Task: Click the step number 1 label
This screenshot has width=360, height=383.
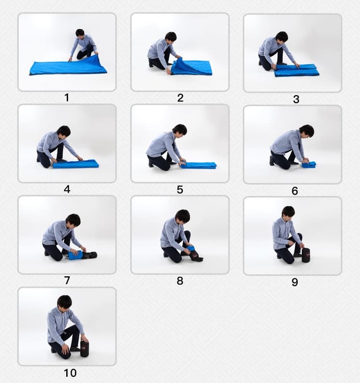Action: tap(67, 98)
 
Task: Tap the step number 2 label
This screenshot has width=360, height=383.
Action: tap(180, 98)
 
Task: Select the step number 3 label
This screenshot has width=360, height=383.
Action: tap(296, 99)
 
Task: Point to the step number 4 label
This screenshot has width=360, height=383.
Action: tap(67, 189)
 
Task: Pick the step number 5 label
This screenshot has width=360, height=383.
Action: tap(180, 189)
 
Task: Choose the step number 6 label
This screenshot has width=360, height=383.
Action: tap(295, 191)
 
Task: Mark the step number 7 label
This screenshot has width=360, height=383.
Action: tap(67, 281)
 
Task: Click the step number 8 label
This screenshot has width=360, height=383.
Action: tap(180, 281)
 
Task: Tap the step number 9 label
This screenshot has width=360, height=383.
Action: tap(295, 282)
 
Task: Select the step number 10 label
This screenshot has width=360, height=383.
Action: tap(70, 373)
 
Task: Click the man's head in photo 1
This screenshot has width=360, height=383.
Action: tap(80, 33)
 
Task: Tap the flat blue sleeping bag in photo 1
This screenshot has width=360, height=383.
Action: tap(68, 65)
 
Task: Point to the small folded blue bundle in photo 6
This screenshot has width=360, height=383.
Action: tap(309, 165)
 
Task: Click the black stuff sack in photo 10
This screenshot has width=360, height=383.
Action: tap(84, 348)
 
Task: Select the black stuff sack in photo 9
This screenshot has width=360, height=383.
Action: tap(306, 255)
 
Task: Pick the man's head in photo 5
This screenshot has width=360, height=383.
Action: tap(180, 130)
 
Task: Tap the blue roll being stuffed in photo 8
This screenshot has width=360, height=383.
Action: tap(191, 250)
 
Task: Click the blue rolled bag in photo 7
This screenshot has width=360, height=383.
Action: tap(76, 255)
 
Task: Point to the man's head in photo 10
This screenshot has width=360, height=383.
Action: tap(65, 302)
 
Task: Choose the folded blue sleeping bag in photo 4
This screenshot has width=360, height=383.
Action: tap(76, 164)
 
